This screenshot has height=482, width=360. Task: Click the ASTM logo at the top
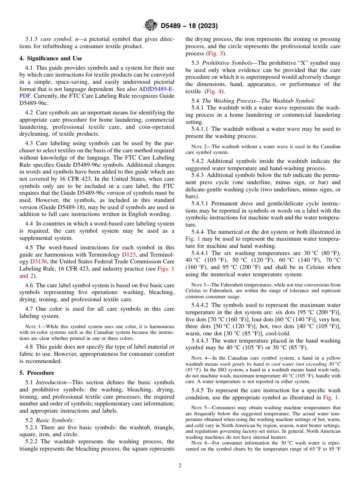150,26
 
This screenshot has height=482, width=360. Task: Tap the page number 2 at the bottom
180,466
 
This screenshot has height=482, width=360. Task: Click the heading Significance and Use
51,58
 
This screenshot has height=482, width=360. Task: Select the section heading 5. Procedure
37,372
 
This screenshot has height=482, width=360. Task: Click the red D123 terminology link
128,255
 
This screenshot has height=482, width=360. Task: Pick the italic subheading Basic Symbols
55,420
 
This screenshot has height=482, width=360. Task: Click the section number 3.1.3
31,39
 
